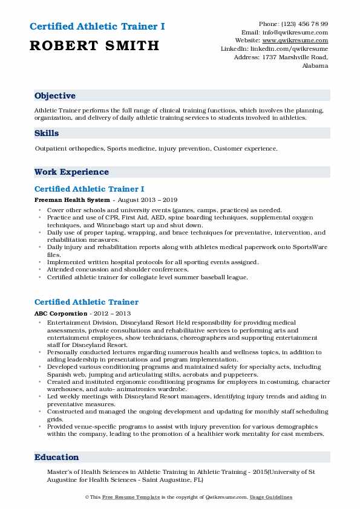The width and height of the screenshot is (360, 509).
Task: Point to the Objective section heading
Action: [55, 96]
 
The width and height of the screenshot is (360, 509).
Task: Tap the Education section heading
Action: [57, 458]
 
